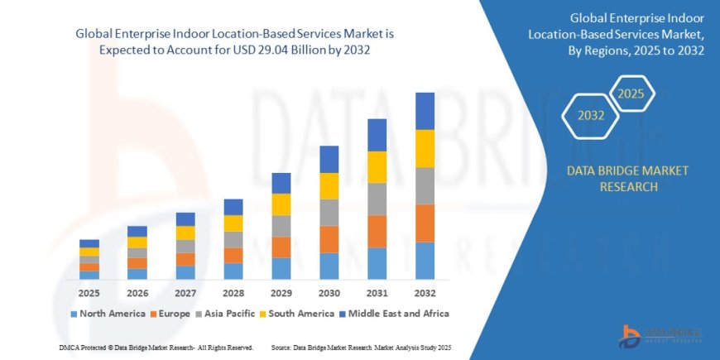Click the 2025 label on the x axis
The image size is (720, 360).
tap(89, 294)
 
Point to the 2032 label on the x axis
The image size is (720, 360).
tap(425, 294)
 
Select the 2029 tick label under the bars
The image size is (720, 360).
tap(281, 294)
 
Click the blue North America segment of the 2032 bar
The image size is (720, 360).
tap(425, 261)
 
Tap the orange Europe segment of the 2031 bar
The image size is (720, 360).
tap(377, 232)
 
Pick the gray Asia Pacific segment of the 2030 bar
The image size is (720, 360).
tap(329, 213)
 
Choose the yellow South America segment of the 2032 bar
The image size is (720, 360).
tap(425, 149)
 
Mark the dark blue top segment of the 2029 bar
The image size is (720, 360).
tap(281, 183)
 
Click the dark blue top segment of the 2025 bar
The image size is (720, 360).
tap(89, 243)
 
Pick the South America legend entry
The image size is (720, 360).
tap(295, 314)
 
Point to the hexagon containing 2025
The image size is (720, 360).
tap(631, 93)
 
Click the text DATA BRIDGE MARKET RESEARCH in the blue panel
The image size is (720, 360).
tap(626, 179)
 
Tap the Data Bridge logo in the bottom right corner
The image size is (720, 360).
tap(661, 333)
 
